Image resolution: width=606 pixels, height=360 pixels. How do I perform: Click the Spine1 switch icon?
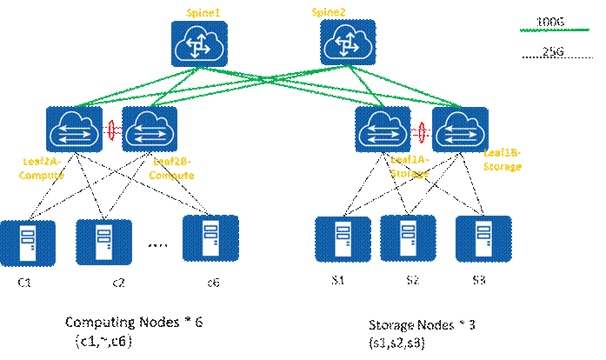tap(197, 43)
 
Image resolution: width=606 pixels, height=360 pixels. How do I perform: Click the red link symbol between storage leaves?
tap(423, 132)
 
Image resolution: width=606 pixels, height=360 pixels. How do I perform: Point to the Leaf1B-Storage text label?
tap(502, 158)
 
